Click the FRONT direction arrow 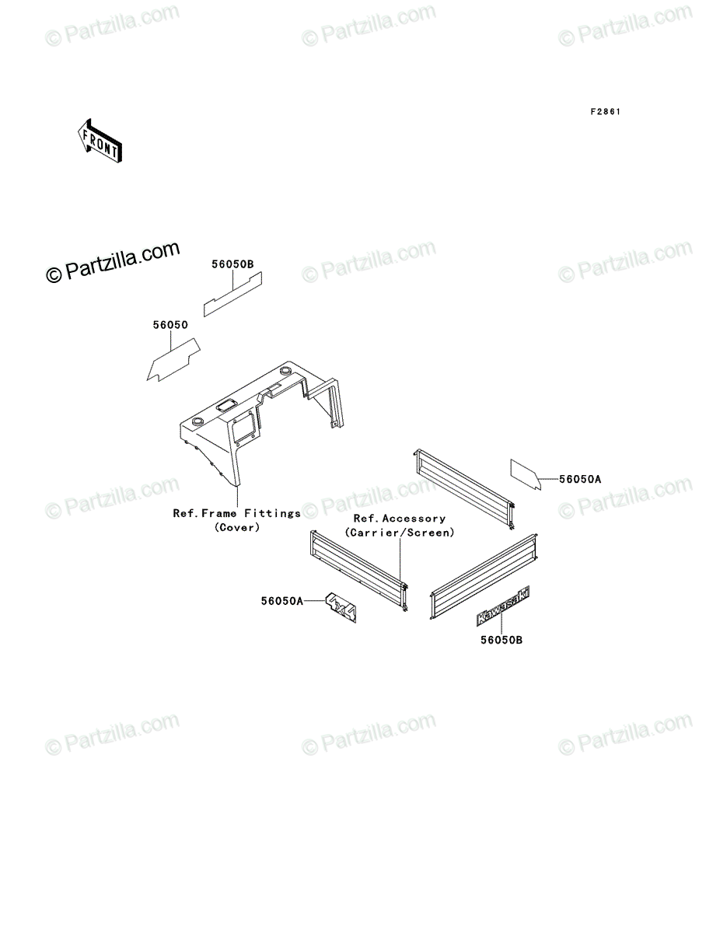coord(100,142)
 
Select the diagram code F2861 coord(605,112)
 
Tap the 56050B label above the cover coord(232,264)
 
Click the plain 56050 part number coord(170,325)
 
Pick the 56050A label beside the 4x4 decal coord(281,601)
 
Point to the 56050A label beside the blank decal coord(580,479)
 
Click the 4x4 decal coord(341,608)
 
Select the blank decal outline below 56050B coord(232,294)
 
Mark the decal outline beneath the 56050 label coord(173,360)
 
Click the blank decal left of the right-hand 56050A coord(526,474)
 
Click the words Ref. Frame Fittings coord(236,513)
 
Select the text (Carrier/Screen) coord(400,533)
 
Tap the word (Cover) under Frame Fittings coord(237,527)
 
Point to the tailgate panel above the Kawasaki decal coord(484,577)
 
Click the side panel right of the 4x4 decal coord(359,571)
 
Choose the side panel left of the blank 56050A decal coord(465,489)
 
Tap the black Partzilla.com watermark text coord(113,262)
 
